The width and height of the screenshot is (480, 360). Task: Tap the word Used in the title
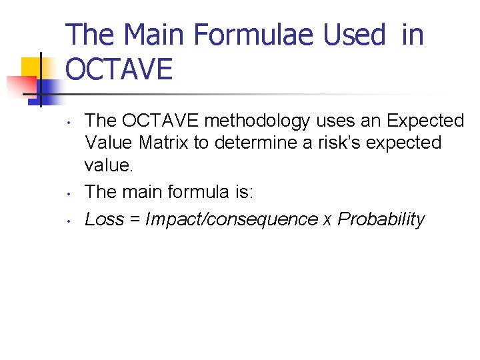355,35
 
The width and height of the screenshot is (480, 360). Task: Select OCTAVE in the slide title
119,69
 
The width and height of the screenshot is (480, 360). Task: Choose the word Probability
381,219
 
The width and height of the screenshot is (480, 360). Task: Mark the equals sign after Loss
134,220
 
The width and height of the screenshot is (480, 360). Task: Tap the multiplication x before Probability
327,221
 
